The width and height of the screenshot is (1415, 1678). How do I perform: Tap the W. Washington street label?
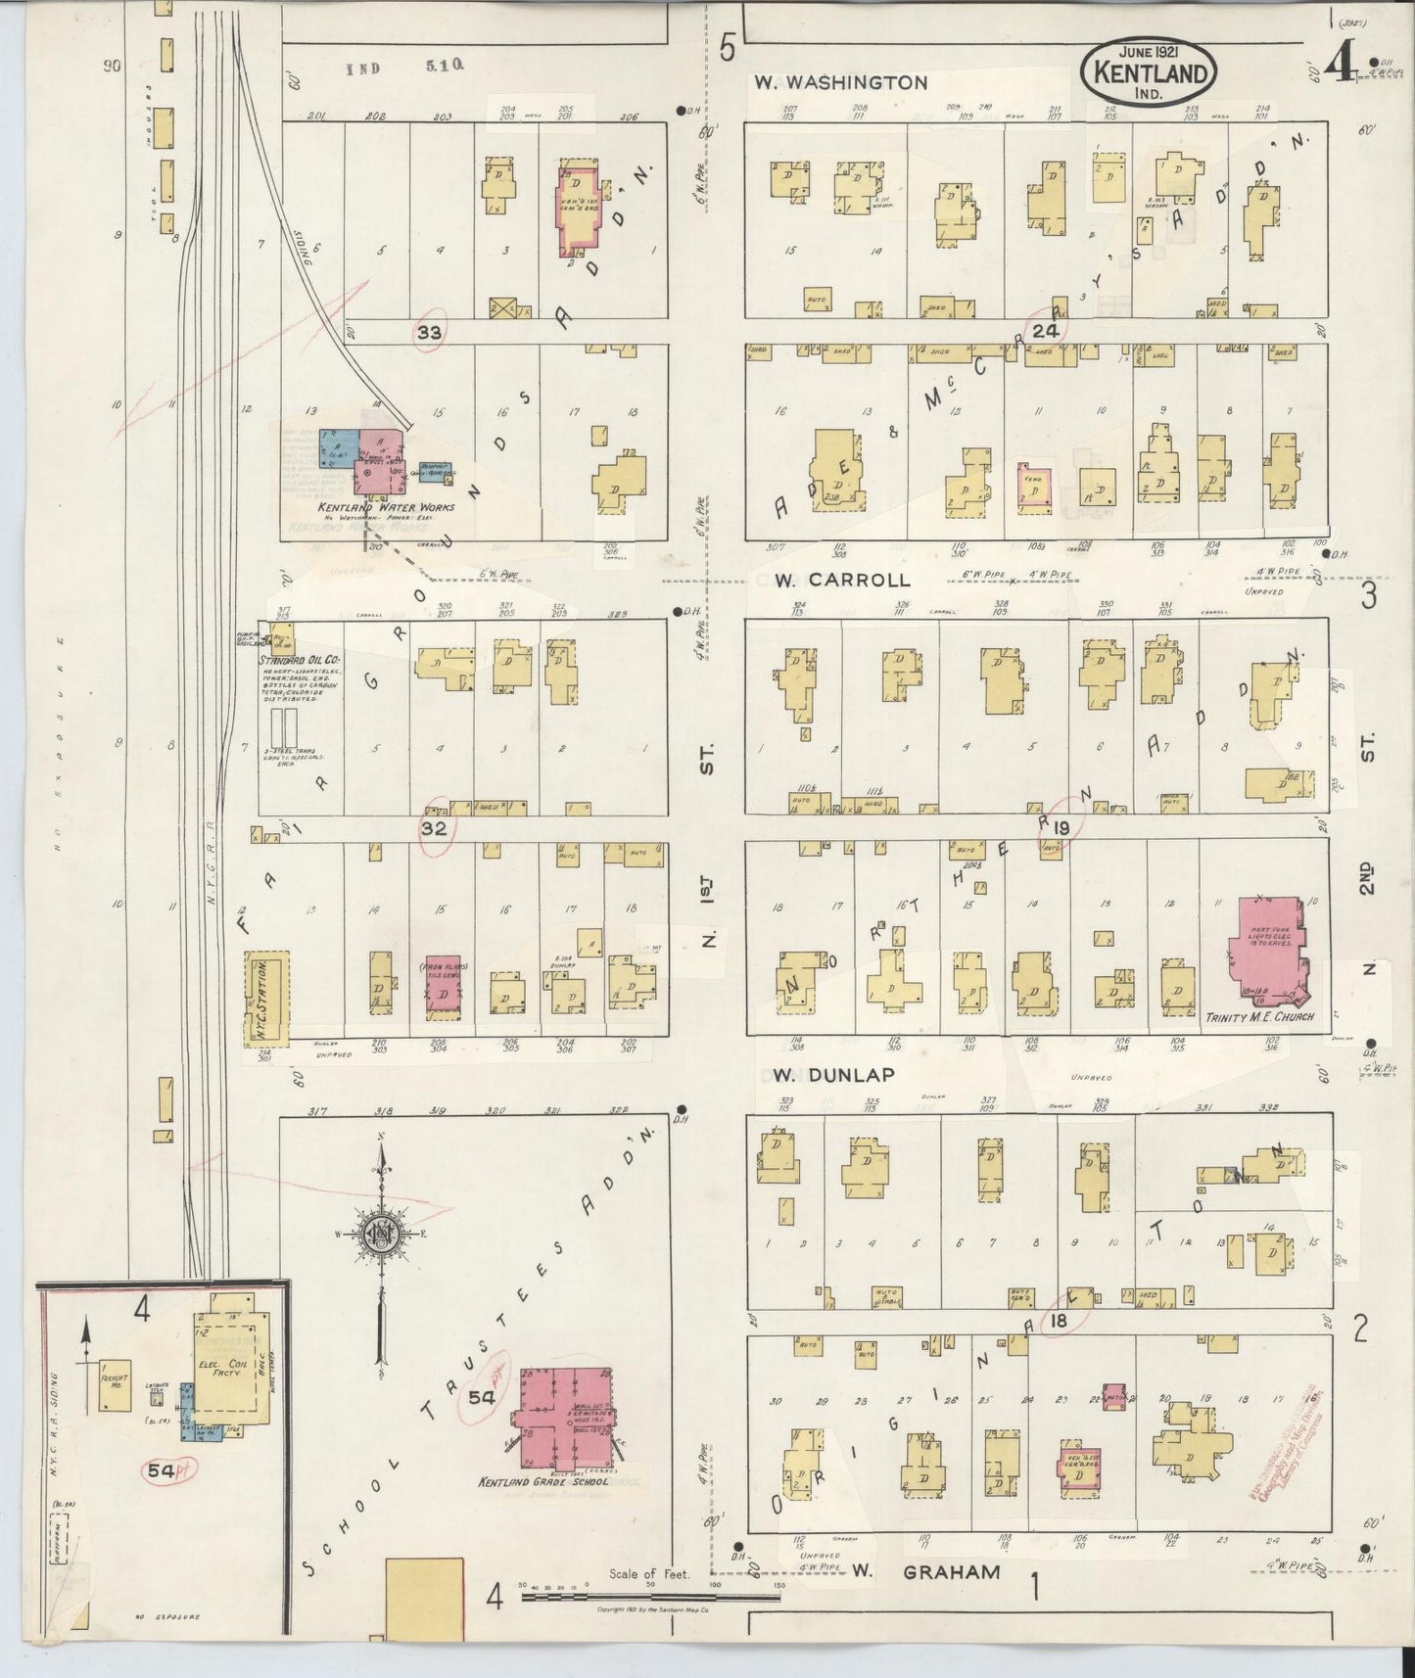[840, 83]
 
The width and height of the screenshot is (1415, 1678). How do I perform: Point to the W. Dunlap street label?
[832, 1074]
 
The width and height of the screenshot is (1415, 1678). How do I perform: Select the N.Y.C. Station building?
[265, 998]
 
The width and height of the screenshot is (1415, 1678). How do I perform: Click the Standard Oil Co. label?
[300, 660]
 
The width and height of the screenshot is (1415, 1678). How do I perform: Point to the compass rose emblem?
[377, 1235]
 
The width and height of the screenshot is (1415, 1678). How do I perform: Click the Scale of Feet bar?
[651, 1597]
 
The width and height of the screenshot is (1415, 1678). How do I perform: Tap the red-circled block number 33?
[429, 333]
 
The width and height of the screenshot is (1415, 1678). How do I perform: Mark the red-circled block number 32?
[434, 828]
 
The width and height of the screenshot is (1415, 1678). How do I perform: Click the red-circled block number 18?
[1059, 1321]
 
